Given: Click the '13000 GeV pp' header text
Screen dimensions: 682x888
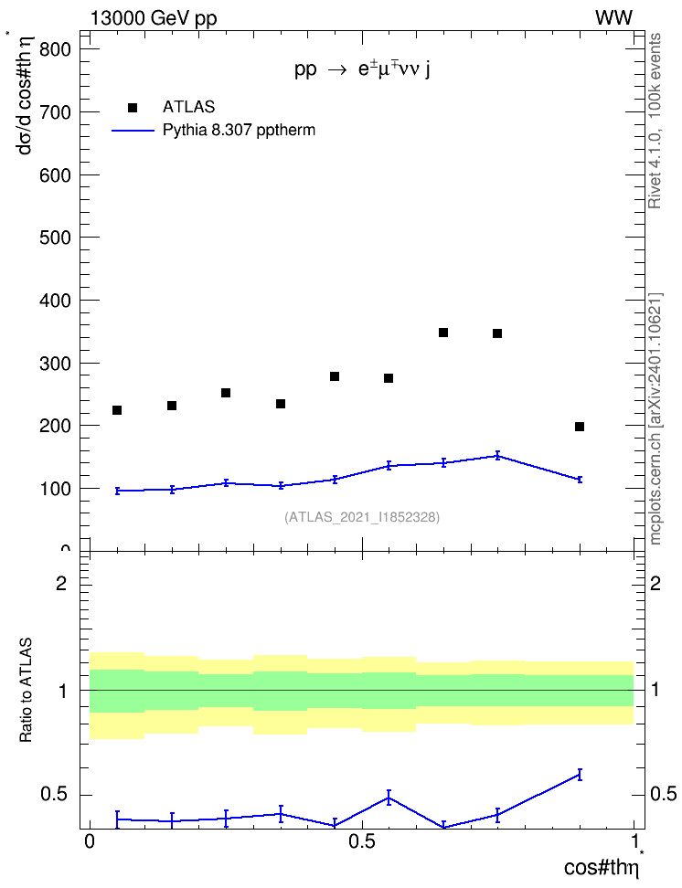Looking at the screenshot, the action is click(x=154, y=18).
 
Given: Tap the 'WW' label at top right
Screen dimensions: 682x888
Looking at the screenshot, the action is click(x=613, y=17).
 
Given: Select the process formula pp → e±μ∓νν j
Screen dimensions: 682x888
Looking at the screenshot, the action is click(x=362, y=69).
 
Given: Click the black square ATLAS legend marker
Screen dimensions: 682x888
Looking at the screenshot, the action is click(x=133, y=108).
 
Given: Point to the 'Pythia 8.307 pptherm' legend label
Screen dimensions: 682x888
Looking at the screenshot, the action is click(x=239, y=131).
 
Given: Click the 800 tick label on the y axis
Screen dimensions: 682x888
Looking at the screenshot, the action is click(x=55, y=49).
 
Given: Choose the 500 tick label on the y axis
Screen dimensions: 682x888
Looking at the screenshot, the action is click(x=55, y=238).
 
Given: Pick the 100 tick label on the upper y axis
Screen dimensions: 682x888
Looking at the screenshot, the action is click(x=55, y=489).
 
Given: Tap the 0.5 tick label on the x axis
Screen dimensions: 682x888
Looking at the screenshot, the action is click(x=362, y=841).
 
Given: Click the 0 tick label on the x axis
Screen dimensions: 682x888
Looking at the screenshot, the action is click(x=90, y=841).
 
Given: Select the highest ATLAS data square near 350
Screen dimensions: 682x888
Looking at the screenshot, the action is click(x=443, y=333).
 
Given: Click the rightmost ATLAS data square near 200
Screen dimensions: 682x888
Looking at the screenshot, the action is click(x=580, y=427).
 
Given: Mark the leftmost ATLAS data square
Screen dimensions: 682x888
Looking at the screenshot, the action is click(x=117, y=410).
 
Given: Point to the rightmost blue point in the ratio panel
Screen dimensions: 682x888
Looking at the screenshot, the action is click(x=580, y=775).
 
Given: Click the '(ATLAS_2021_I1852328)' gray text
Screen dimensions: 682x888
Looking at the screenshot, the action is click(x=362, y=517).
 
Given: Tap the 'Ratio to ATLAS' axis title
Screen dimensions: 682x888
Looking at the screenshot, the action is click(x=26, y=690).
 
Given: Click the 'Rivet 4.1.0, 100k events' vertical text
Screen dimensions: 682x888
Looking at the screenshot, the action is click(x=655, y=121).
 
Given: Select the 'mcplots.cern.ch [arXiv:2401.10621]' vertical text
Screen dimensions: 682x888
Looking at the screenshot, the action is click(x=655, y=419).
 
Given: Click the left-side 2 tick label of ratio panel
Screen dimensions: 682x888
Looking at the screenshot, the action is click(x=61, y=583).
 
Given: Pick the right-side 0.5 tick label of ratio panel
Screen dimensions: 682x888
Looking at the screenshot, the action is click(x=664, y=795).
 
